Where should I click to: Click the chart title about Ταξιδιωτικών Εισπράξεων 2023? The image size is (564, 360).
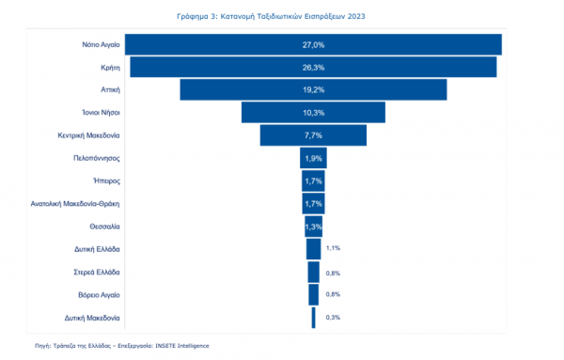[271, 16]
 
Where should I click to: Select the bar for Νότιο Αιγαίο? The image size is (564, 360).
[313, 44]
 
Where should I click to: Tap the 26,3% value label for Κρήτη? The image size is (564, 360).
[313, 68]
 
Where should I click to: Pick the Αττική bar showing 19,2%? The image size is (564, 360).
[313, 90]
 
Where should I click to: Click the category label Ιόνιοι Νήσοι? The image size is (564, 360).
[101, 113]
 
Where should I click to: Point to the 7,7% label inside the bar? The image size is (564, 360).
[313, 135]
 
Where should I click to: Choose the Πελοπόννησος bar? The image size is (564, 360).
[313, 158]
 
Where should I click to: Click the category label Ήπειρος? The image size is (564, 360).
[106, 180]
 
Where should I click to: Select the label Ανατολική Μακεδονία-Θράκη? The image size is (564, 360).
[75, 204]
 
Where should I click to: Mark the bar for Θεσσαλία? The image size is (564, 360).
[313, 227]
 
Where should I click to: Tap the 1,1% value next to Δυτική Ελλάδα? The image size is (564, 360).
[333, 248]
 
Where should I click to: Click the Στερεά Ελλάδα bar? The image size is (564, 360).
[313, 273]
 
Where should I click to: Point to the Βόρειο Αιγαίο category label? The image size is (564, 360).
[99, 295]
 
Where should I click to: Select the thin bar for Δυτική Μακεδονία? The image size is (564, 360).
[314, 318]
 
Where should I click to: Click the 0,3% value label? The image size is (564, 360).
[333, 317]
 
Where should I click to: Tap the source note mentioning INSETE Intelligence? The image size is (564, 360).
[122, 346]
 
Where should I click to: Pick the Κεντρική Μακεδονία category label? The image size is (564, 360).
[88, 135]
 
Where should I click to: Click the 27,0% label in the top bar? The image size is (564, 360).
[313, 44]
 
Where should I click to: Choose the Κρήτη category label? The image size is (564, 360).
[110, 68]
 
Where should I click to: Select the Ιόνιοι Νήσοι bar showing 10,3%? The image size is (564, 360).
[313, 113]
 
